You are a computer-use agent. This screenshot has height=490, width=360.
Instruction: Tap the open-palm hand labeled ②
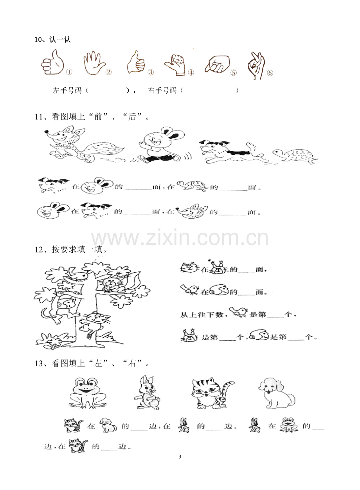(x=94, y=63)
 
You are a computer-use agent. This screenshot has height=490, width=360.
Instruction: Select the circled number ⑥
(x=270, y=73)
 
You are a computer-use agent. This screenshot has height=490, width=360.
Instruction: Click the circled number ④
(x=191, y=72)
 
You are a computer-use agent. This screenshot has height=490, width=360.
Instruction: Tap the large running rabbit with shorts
(x=161, y=145)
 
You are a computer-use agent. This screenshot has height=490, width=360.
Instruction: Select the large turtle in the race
(x=295, y=156)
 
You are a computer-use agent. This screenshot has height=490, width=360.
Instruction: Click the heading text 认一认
(x=60, y=40)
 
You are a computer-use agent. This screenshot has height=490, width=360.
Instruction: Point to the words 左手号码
(x=67, y=90)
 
